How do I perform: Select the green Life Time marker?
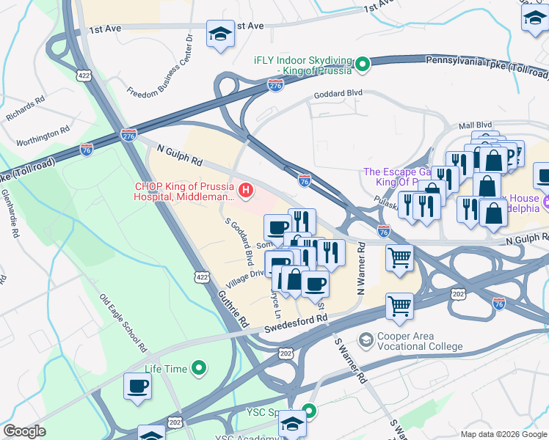pos(198,369)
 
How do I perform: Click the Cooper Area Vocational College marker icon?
pos(366,340)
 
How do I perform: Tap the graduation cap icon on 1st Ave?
pos(219,34)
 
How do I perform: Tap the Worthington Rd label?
pos(43,134)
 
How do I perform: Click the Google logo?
pos(24,431)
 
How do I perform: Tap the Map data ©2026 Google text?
pos(503,434)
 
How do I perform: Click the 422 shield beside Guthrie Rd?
pos(201,275)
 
